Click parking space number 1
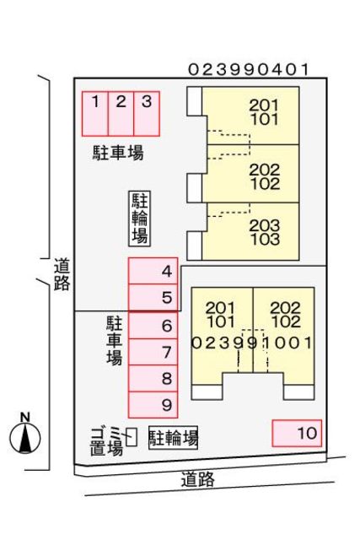coord(95,113)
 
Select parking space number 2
coord(121,113)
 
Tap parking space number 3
coord(147,113)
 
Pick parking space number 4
coord(153,272)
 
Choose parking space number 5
coord(153,298)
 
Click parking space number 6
coord(153,326)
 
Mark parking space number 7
coord(153,352)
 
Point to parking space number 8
coord(153,379)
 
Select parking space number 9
coord(153,405)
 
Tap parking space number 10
coord(298,434)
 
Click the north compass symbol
coord(26,435)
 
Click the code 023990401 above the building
coord(250,70)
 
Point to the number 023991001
coord(253,343)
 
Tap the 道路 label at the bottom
coord(198,479)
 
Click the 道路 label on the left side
coord(62,275)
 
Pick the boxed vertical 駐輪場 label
coord(139,218)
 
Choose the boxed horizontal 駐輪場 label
coord(174,438)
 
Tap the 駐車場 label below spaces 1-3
coord(118,153)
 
